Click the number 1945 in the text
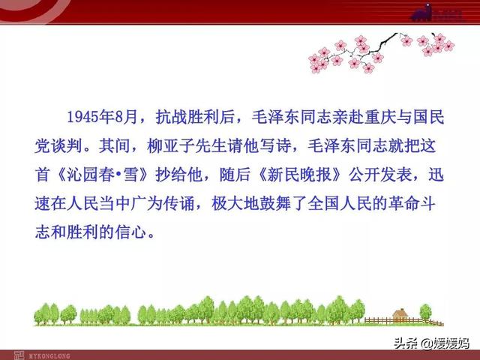[82, 117]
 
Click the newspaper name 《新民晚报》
[299, 175]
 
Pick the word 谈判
[67, 146]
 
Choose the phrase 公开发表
[380, 175]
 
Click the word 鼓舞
[275, 203]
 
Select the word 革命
[404, 203]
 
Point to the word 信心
[130, 232]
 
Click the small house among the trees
[400, 315]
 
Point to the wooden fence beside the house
[404, 321]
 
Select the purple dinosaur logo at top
[421, 13]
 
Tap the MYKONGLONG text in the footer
[49, 356]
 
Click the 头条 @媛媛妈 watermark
[431, 343]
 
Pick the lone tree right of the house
[425, 312]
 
